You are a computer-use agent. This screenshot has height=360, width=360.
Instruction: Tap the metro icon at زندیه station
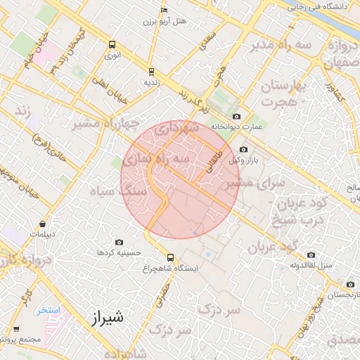click(x=151, y=72)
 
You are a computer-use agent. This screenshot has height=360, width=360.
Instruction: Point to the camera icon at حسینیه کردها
click(x=118, y=242)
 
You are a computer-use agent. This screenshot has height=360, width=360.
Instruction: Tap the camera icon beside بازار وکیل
click(x=243, y=149)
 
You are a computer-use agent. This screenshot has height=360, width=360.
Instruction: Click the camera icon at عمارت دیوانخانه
click(x=236, y=116)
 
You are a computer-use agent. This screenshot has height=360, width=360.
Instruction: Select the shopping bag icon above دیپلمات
click(x=44, y=224)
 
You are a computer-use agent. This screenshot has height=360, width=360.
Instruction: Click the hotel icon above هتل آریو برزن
click(x=164, y=11)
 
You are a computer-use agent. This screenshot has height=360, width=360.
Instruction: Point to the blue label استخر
click(x=49, y=309)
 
